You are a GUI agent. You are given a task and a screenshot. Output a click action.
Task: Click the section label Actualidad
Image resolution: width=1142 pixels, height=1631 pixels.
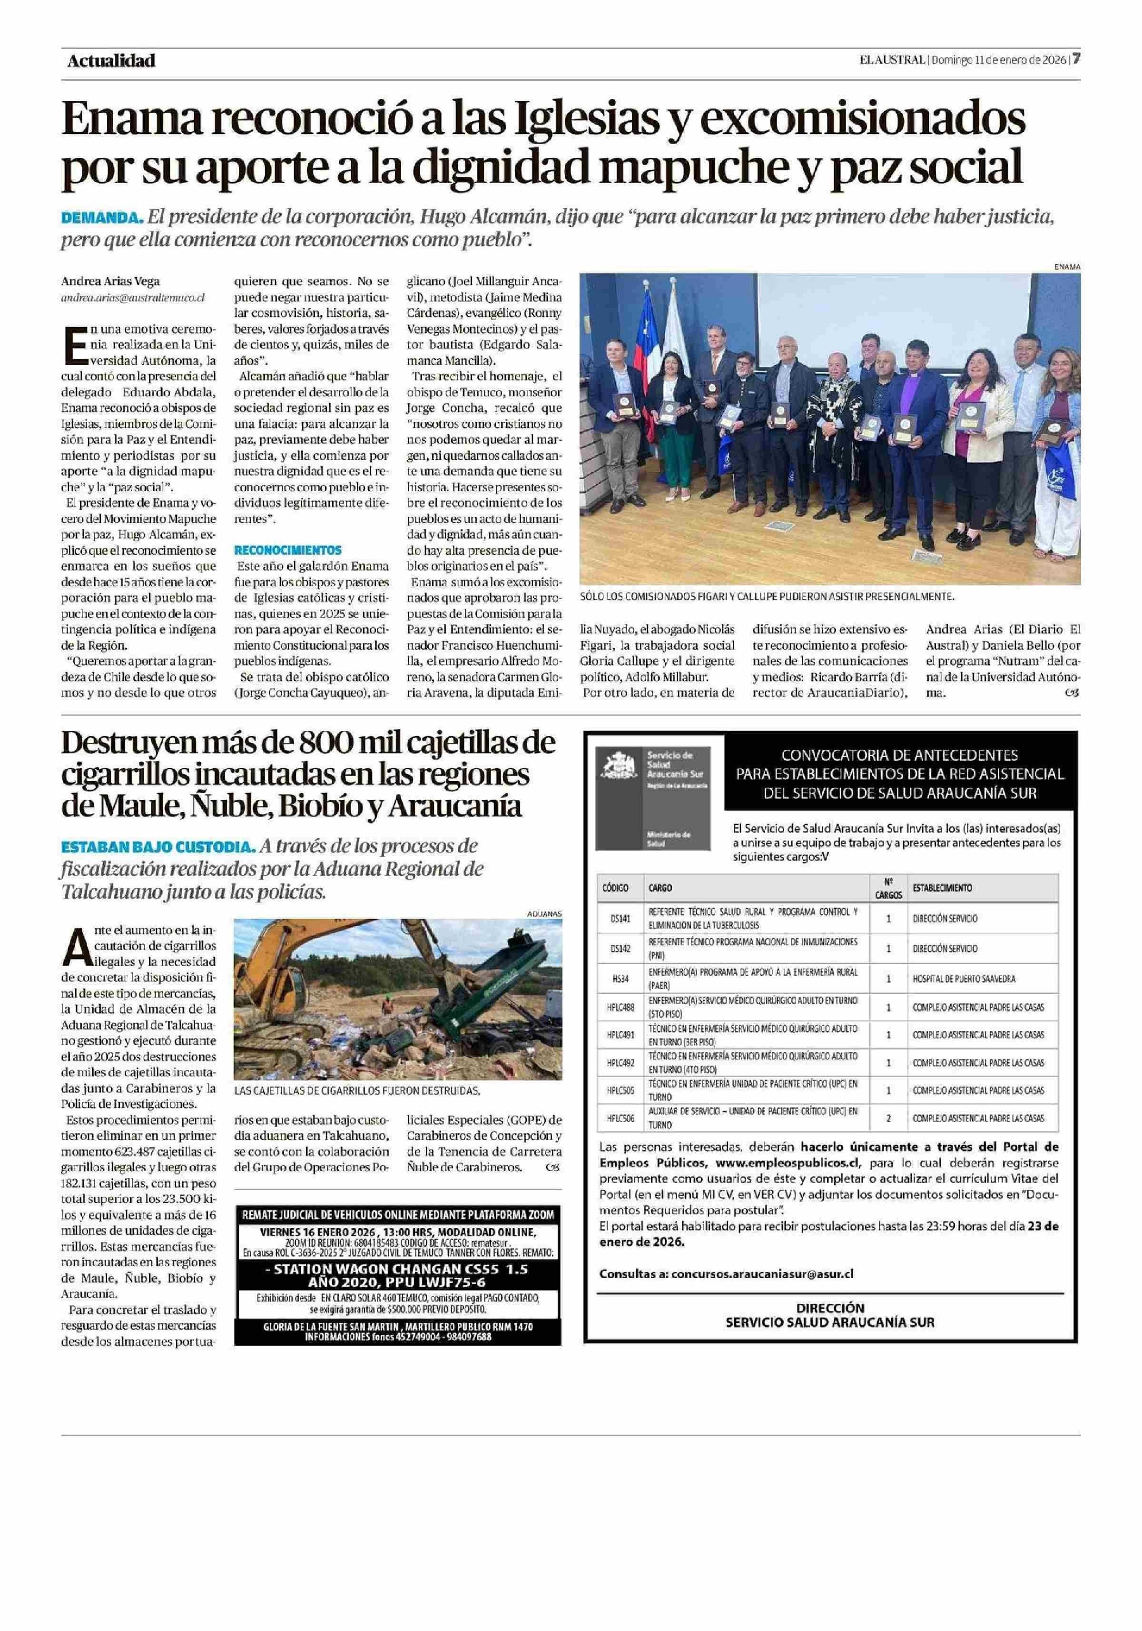pos(111,61)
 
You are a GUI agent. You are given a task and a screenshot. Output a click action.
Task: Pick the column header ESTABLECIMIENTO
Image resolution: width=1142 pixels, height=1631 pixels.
pos(942,888)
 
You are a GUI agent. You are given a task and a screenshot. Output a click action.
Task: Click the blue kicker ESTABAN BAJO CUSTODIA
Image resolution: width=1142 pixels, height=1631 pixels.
pos(158,847)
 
